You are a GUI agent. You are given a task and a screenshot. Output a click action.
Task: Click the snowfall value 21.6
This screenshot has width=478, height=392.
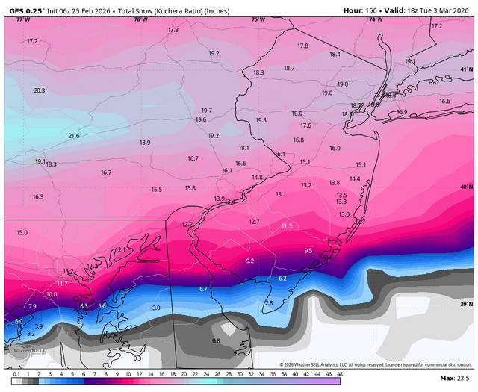(74, 136)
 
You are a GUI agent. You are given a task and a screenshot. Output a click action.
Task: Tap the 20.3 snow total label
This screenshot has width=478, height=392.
(40, 90)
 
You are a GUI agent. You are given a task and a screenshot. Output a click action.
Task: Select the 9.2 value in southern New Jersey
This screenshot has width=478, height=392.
(250, 261)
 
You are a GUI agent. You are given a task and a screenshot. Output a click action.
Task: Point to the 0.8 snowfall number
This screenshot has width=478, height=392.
(216, 340)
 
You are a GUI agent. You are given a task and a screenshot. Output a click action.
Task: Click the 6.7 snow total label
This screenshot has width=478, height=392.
(203, 288)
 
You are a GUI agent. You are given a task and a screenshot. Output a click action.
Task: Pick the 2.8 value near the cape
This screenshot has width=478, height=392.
(269, 302)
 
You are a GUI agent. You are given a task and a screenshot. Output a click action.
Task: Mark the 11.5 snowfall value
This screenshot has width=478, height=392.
(287, 225)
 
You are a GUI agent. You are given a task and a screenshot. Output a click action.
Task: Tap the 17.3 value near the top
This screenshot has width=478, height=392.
(173, 30)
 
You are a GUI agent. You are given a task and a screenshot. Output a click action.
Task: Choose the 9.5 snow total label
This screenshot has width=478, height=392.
(308, 251)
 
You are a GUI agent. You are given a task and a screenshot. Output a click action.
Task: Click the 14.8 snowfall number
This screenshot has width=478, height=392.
(257, 178)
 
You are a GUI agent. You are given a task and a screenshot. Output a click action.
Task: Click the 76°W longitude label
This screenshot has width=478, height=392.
(140, 19)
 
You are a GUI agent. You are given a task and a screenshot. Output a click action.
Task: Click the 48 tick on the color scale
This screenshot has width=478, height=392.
(340, 373)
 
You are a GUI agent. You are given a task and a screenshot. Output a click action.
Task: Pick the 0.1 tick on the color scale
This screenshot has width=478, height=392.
(16, 373)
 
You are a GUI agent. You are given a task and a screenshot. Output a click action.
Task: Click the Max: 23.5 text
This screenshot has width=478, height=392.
(456, 379)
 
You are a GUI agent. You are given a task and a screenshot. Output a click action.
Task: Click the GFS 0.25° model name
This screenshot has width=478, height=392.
(25, 10)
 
